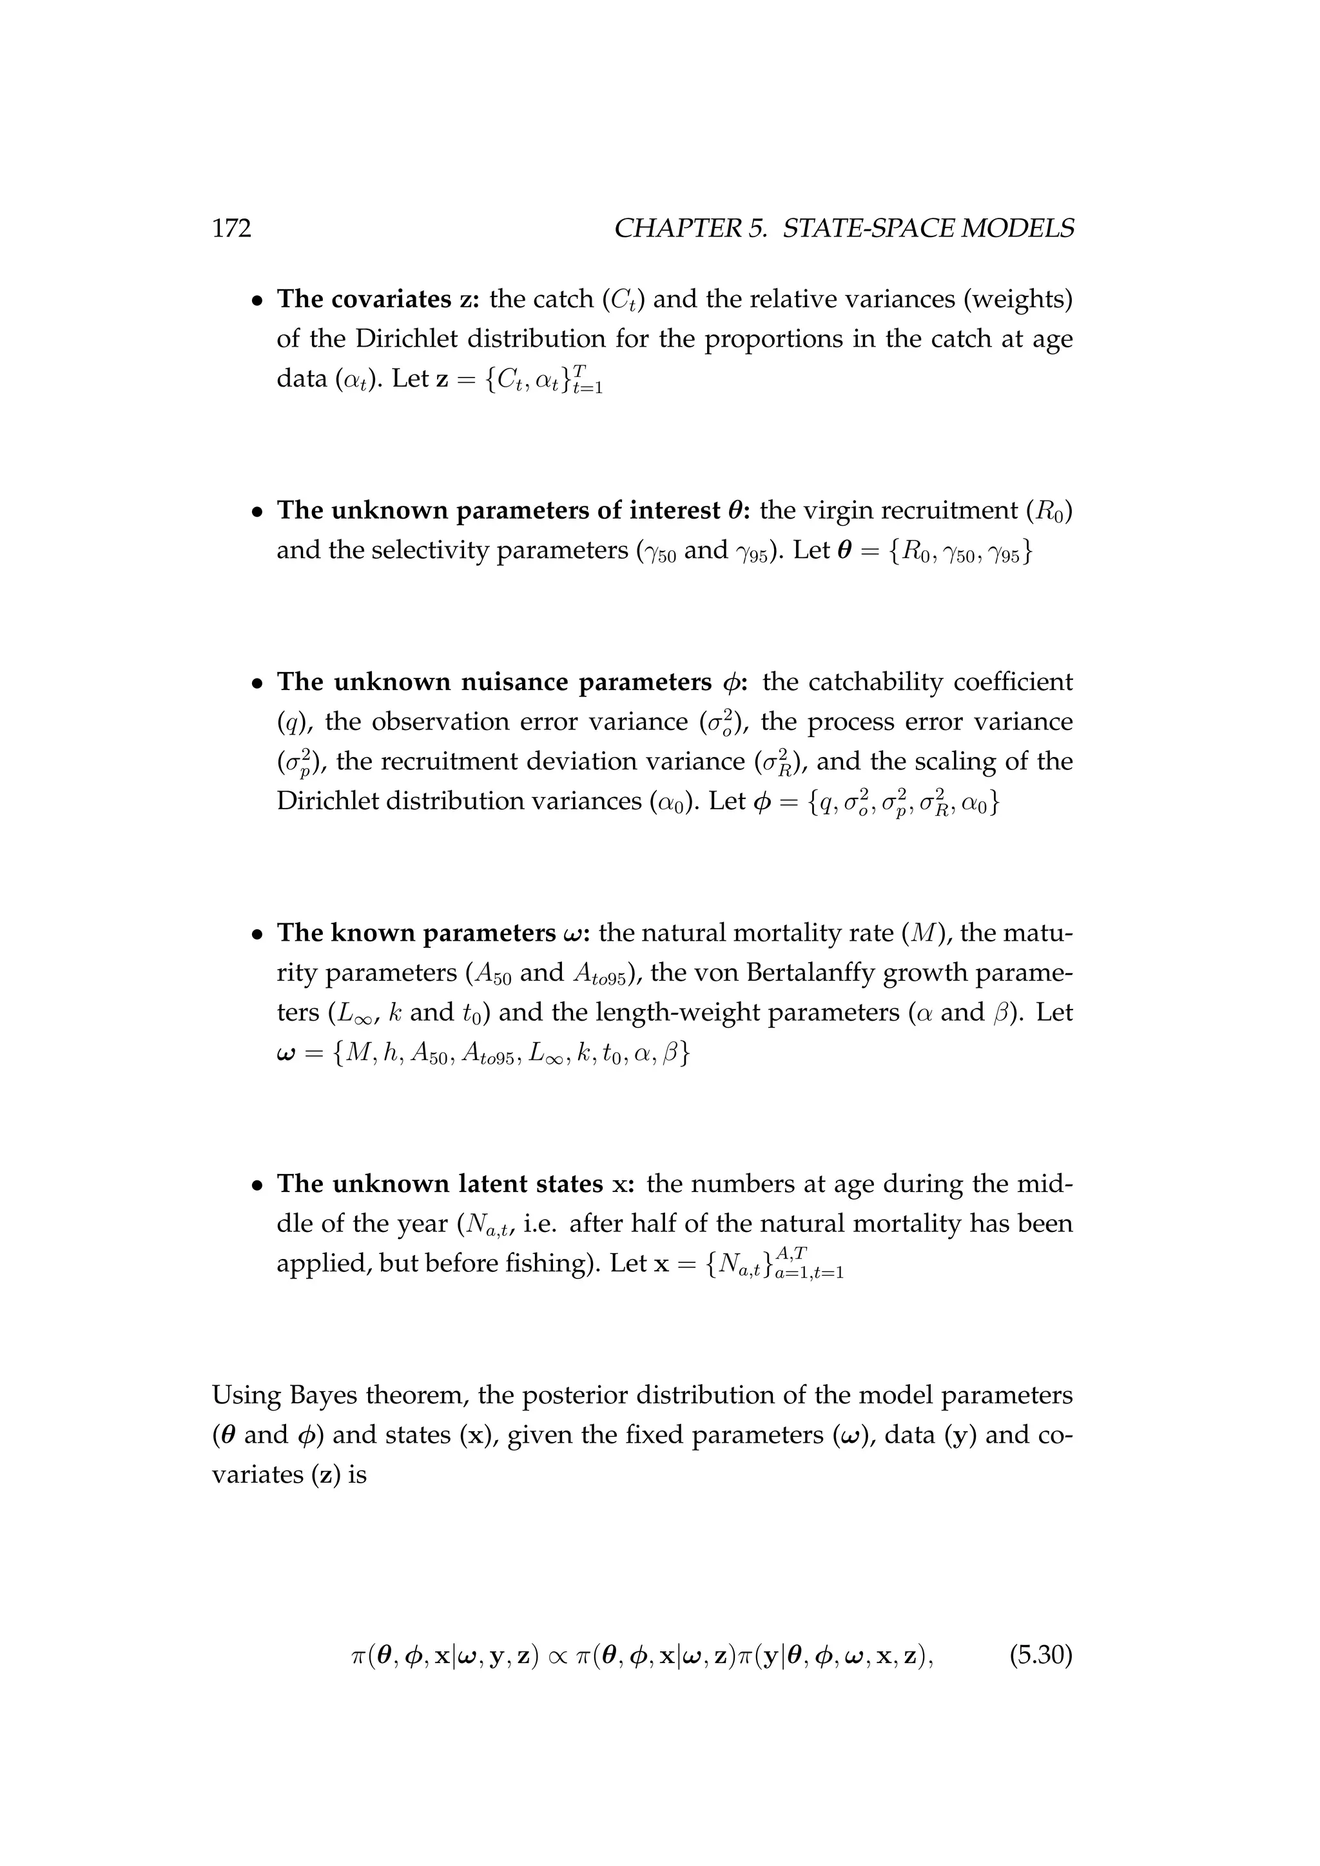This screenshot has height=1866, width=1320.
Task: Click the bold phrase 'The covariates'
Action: click(364, 299)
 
